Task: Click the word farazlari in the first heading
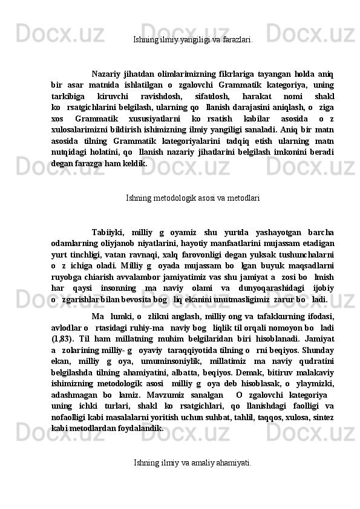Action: click(237, 40)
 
